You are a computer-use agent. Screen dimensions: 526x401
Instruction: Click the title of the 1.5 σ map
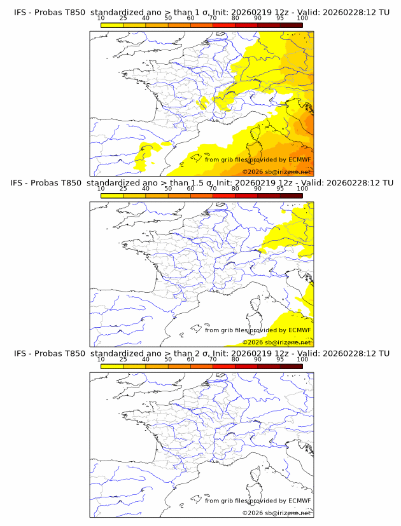coord(201,183)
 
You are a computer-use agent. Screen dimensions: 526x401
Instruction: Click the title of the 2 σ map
coord(201,353)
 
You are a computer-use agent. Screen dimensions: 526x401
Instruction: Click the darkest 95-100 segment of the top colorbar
coord(291,25)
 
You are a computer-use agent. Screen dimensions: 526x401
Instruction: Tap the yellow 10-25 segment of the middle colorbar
coord(112,196)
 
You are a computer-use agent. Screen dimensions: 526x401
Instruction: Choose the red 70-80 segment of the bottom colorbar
coord(223,366)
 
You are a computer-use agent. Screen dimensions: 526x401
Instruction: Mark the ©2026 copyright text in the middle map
coord(276,342)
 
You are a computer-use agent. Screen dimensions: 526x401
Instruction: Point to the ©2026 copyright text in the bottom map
coord(276,513)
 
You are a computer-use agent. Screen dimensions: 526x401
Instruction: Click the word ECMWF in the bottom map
coord(299,501)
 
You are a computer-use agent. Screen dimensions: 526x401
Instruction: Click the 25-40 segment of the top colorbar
coord(134,25)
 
